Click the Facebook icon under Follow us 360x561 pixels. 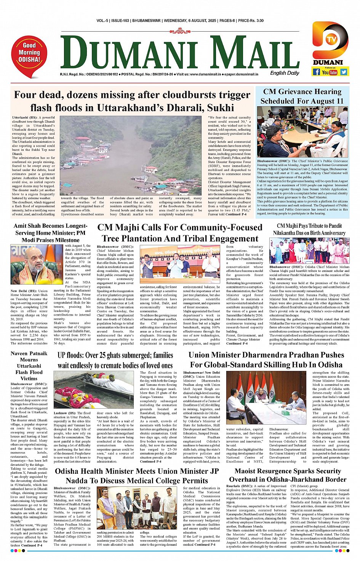pyautogui.click(x=316, y=72)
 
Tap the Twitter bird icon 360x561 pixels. pyautogui.click(x=344, y=72)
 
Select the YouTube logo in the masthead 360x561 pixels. pyautogui.click(x=330, y=72)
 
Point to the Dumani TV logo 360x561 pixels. pyautogui.click(x=330, y=41)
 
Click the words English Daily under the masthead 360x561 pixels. pyautogui.click(x=285, y=73)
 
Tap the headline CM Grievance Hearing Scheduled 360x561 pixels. pyautogui.click(x=302, y=96)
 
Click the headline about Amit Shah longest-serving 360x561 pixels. pyautogui.click(x=50, y=233)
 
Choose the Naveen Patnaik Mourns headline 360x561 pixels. pyautogui.click(x=29, y=366)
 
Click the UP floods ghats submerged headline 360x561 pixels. pyautogui.click(x=115, y=360)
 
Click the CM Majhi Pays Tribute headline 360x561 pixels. pyautogui.click(x=309, y=229)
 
